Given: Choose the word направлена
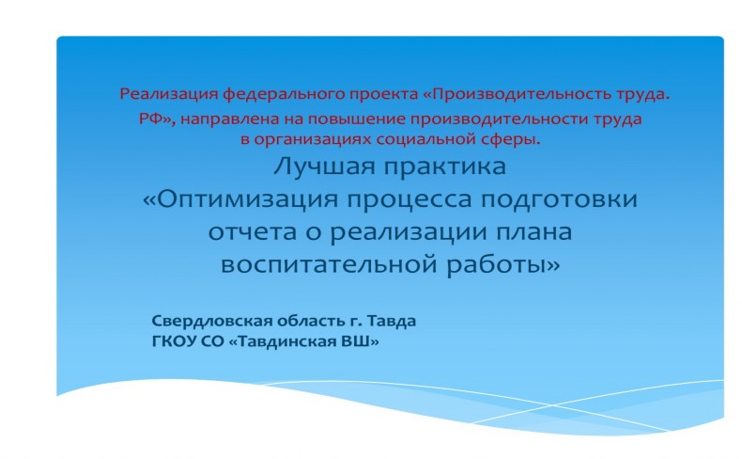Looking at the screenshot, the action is [230, 119].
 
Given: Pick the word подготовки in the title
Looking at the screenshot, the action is [560, 200].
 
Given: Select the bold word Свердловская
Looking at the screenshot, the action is [212, 321].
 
